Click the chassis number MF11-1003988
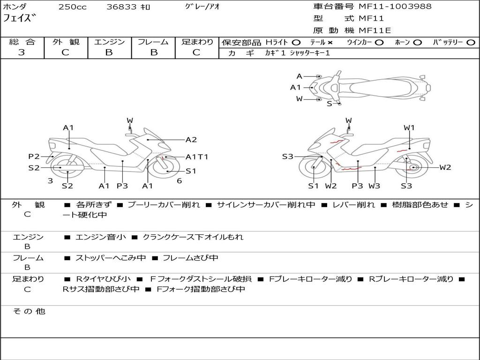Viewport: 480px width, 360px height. pos(395,6)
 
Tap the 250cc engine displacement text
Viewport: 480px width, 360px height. pos(73,7)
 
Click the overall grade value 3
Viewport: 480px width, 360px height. pos(22,52)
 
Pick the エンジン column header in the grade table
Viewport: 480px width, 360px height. pos(109,42)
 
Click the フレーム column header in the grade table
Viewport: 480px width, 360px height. pos(153,42)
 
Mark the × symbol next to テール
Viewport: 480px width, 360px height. pos(330,43)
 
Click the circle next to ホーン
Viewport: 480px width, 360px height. pos(417,43)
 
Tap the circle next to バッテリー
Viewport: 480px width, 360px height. pos(471,43)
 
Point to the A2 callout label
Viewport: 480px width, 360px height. pos(191,140)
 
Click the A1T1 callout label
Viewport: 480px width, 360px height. pos(196,157)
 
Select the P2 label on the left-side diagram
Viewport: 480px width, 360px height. pos(34,157)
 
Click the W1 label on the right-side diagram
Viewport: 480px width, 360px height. pos(409,127)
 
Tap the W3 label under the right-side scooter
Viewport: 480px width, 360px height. pos(374,186)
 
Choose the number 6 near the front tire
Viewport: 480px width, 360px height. pos(180,181)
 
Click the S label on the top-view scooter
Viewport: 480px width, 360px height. pos(330,104)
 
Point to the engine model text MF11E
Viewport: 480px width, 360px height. pos(375,30)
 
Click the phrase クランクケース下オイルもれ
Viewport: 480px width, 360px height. pos(193,237)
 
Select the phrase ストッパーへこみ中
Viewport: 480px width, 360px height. pos(111,258)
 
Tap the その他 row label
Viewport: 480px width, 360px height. pos(29,311)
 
